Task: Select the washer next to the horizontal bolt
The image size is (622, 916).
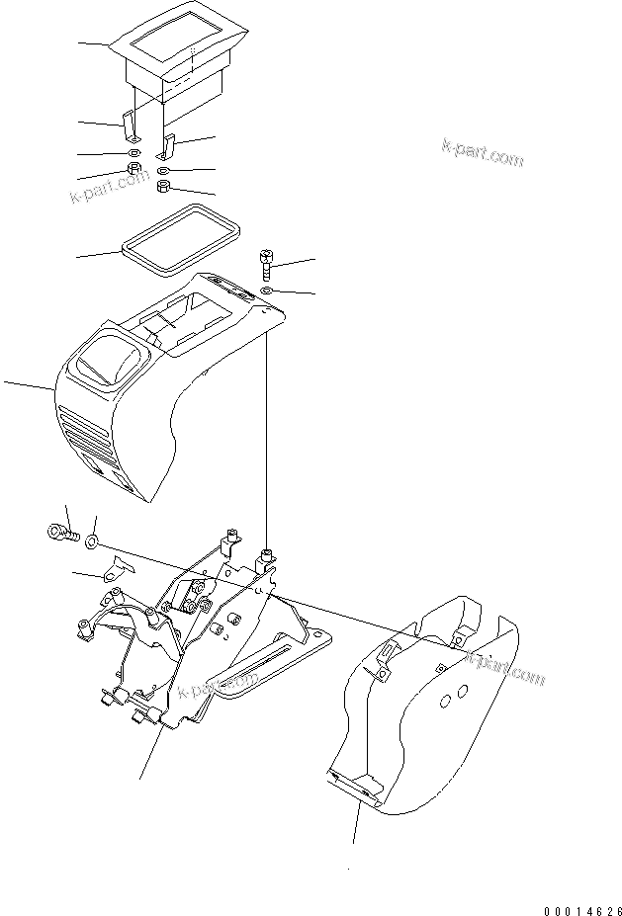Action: [x=91, y=541]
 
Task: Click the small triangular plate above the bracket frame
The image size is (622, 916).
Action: [x=120, y=567]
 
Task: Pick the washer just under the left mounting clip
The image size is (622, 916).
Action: [x=132, y=155]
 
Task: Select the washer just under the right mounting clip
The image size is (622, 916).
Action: [x=165, y=170]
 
